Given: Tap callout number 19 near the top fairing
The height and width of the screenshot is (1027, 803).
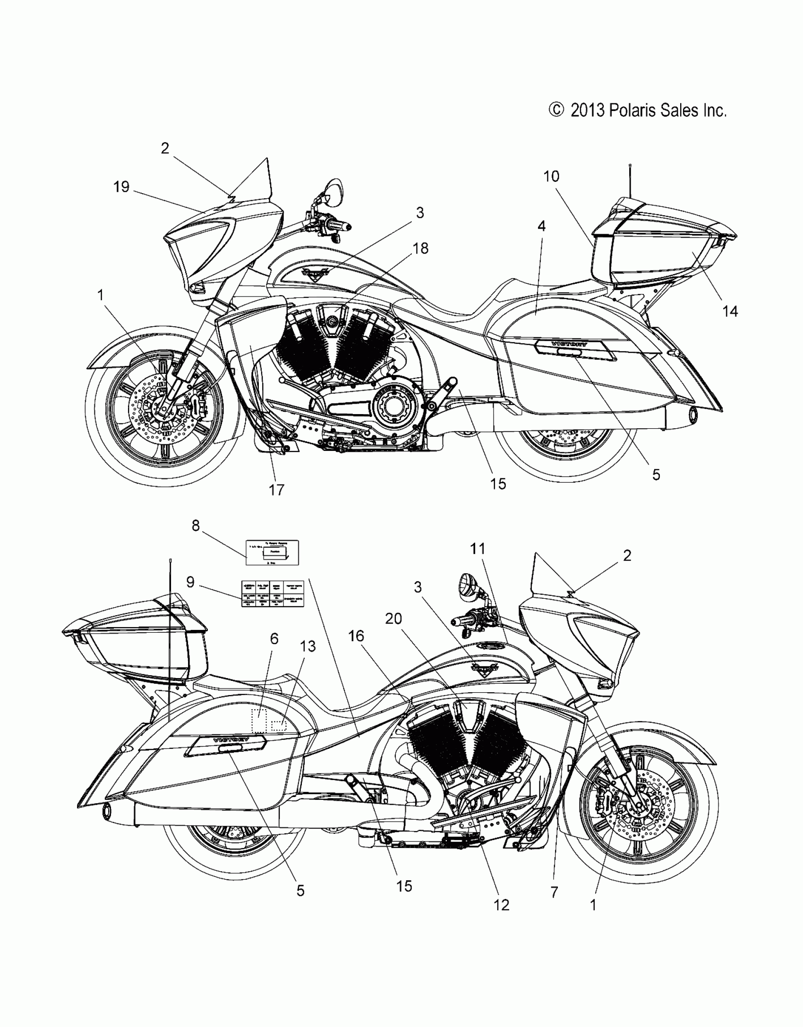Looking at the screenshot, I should click(x=121, y=187).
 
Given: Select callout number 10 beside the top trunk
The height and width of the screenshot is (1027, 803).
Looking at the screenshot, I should click(x=551, y=177).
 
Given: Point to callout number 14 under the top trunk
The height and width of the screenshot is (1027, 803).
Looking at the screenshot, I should click(x=730, y=311).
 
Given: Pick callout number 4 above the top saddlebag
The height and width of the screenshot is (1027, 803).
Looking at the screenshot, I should click(x=541, y=227).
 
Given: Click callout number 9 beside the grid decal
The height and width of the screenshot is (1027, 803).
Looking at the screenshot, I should click(x=190, y=582).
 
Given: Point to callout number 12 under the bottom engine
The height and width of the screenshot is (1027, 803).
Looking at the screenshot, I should click(x=501, y=905).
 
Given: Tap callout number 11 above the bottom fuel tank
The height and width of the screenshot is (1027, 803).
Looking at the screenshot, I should click(x=478, y=549).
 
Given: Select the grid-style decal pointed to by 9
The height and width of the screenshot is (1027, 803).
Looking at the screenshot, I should click(x=273, y=594).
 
